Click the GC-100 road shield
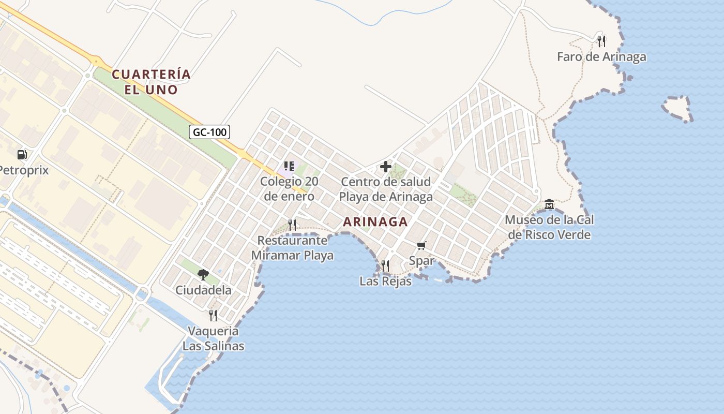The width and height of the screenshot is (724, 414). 209,132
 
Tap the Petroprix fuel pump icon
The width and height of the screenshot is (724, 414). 22,154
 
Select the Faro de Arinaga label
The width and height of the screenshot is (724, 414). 601,57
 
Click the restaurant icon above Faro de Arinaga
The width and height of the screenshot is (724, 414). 601,41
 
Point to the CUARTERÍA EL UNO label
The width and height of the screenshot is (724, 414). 151,82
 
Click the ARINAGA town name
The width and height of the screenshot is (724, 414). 375,222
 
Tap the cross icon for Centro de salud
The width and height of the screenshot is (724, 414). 385,167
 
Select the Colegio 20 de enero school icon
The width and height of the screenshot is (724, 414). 289,166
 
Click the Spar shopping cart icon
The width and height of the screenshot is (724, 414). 421,245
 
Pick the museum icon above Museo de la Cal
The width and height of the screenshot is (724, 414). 549,204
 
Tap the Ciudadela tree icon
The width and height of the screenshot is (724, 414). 203,274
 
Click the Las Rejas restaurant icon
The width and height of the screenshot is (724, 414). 385,266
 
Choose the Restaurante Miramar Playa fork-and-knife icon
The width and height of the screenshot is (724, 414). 292,225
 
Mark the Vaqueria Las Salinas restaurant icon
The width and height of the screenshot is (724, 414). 213,315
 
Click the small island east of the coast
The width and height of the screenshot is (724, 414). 678,108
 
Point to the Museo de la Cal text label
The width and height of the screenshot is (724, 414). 549,227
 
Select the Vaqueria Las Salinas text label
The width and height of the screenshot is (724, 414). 213,338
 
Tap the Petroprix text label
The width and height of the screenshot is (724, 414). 24,170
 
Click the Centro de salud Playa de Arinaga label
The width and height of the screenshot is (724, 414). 385,189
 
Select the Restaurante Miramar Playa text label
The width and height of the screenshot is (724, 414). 292,248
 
